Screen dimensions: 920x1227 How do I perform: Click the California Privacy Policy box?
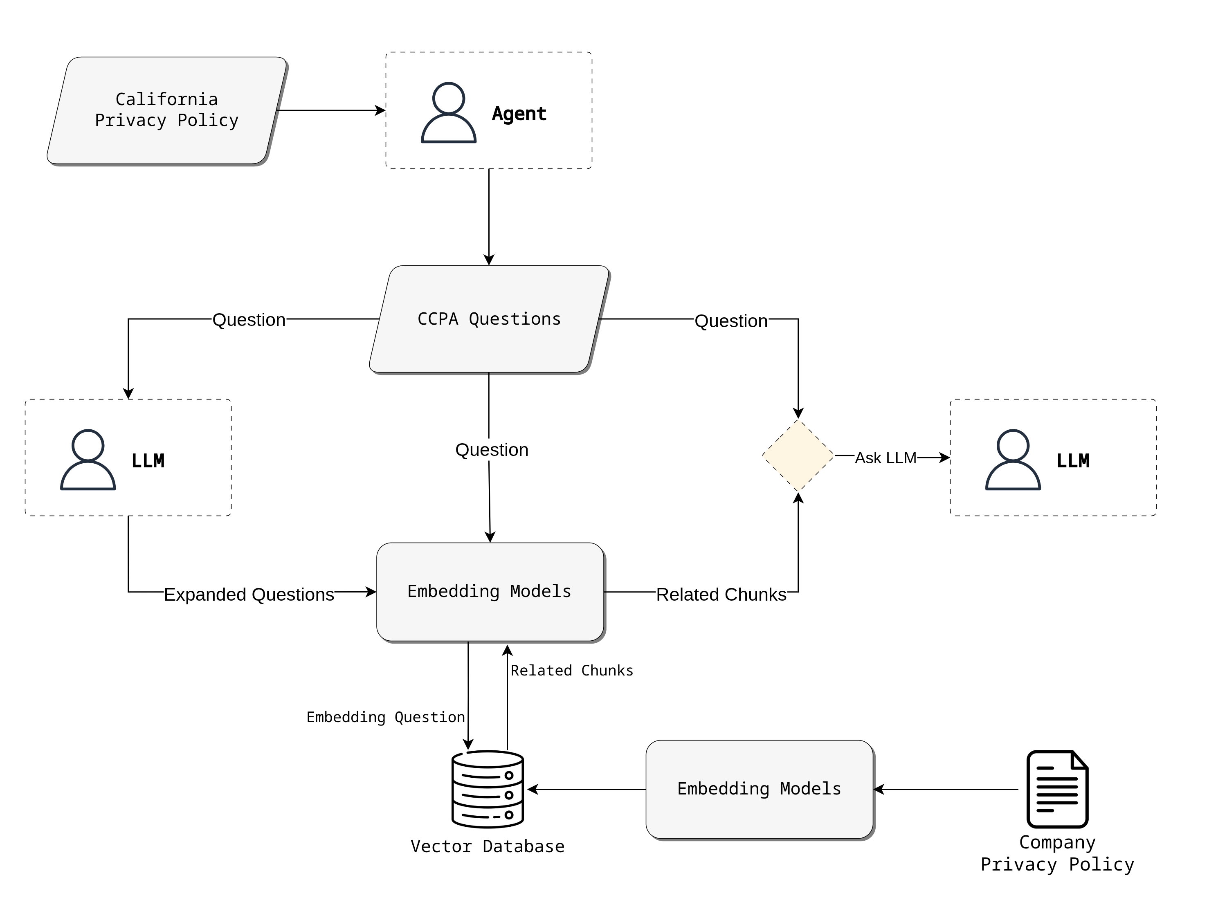[166, 110]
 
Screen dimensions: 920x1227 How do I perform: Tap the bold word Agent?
[519, 114]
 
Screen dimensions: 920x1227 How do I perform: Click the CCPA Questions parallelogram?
[489, 319]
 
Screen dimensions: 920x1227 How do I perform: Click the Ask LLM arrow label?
[885, 458]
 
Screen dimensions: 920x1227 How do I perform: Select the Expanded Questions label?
[249, 595]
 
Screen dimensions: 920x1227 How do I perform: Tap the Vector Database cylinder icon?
[488, 789]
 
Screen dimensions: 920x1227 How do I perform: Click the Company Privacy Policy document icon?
[1057, 789]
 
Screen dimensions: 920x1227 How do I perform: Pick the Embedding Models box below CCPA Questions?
[490, 592]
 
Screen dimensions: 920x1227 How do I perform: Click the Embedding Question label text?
[386, 718]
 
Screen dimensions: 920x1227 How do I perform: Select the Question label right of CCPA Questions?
[731, 321]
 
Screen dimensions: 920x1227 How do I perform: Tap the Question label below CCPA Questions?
[492, 450]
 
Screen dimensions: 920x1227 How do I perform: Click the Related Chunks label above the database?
[572, 671]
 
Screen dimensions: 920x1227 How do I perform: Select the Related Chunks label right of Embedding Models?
[721, 595]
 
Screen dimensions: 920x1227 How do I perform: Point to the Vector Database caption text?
[488, 847]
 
